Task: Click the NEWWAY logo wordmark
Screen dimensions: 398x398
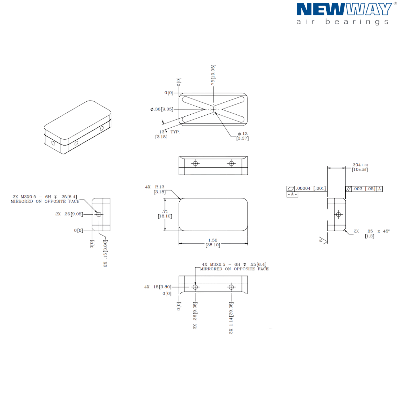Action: pos(344,10)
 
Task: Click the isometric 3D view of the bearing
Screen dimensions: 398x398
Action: pos(77,127)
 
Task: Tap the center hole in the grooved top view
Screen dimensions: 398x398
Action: pos(213,109)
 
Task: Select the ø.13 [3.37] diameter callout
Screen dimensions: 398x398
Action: pos(243,136)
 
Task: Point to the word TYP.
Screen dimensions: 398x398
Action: pos(175,132)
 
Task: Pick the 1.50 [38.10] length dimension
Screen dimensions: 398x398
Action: pos(213,243)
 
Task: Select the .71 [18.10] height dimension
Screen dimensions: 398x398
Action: pos(165,214)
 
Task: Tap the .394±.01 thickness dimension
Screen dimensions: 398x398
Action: pos(360,167)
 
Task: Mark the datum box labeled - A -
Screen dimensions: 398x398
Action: pos(292,194)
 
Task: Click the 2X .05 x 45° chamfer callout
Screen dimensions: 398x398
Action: pos(371,233)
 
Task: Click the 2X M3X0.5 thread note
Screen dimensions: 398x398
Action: pos(45,199)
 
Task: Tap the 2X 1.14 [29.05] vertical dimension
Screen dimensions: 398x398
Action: pos(231,318)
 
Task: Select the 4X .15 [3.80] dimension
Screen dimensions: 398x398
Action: pos(158,287)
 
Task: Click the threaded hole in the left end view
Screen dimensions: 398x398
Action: pos(99,214)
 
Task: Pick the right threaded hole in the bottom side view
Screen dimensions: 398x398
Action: pos(231,287)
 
